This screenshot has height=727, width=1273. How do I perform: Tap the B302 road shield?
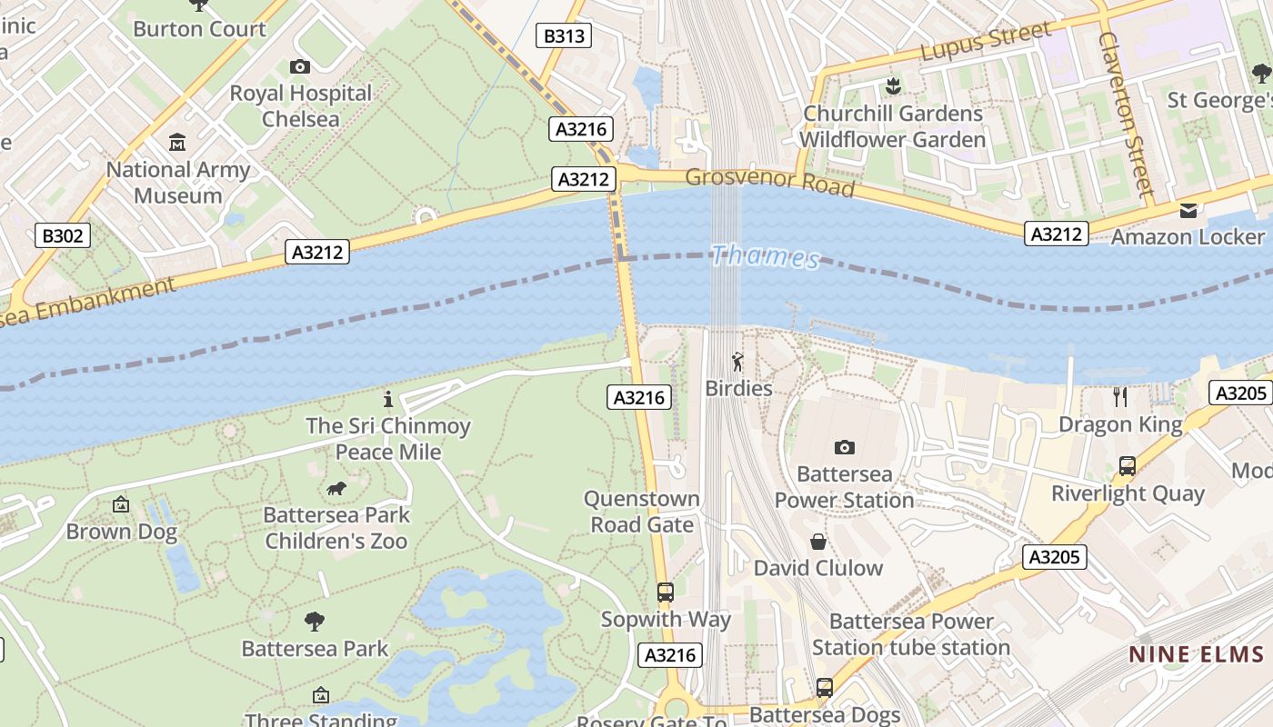63,236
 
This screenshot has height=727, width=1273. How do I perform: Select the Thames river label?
766,257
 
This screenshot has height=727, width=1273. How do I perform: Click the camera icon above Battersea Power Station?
845,447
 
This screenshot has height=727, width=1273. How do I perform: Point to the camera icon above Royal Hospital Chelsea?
299,66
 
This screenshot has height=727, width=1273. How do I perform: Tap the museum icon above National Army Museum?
177,143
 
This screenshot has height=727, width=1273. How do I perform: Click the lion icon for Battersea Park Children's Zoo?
336,489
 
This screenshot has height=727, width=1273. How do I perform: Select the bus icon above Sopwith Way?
666,593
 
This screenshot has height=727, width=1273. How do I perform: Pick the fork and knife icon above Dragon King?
1120,397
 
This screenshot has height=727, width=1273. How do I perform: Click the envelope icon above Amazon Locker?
1188,211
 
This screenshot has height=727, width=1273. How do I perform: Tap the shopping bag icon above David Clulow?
818,542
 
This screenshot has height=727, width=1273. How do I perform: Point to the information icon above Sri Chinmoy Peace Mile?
388,399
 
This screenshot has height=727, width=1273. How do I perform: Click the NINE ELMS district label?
1197,654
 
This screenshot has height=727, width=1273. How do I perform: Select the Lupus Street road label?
985,44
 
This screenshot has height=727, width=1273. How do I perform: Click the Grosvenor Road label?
769,182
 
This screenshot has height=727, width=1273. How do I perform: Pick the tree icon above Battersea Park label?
315,622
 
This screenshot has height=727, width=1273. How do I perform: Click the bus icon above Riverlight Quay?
1128,467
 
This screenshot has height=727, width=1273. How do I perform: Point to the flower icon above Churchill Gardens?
892,86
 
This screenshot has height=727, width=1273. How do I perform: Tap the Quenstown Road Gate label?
642,512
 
